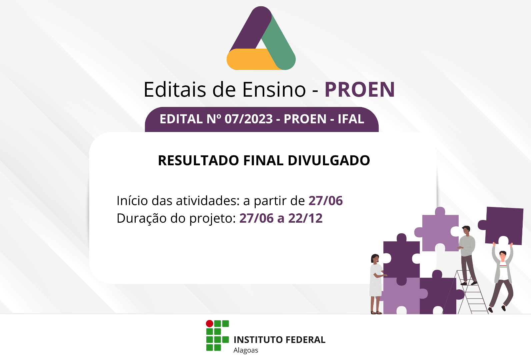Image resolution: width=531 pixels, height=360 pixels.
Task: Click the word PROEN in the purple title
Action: [359, 89]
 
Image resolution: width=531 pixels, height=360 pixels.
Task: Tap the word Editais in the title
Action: [175, 89]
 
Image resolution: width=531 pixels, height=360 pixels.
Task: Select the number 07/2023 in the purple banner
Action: [249, 119]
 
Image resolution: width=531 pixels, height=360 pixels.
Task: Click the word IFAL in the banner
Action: [351, 119]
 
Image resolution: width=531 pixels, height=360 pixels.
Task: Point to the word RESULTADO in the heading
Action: [198, 160]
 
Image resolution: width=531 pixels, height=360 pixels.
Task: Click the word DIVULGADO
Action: [329, 160]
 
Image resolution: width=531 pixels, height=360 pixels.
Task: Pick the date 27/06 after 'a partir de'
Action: [325, 201]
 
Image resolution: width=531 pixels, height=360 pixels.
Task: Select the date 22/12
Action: [305, 218]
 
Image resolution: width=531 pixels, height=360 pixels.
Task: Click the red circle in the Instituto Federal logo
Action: [210, 324]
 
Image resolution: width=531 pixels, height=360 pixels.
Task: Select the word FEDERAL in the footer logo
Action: [306, 340]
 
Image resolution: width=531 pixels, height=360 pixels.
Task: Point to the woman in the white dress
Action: [376, 284]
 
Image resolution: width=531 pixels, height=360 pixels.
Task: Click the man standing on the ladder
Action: [467, 255]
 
